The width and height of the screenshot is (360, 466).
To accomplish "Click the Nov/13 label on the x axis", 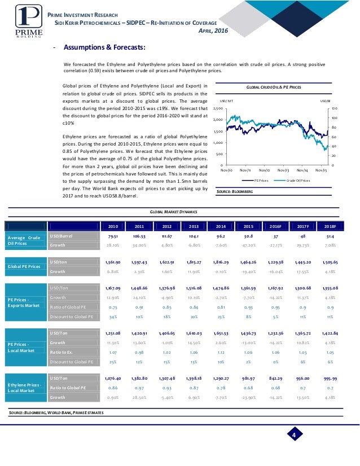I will pos(283,169).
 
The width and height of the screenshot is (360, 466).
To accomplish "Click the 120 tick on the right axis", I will pos(333,108).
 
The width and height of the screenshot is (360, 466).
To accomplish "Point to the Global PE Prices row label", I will pos(23,266).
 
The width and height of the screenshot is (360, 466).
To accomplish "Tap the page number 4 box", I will pos(294,434).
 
